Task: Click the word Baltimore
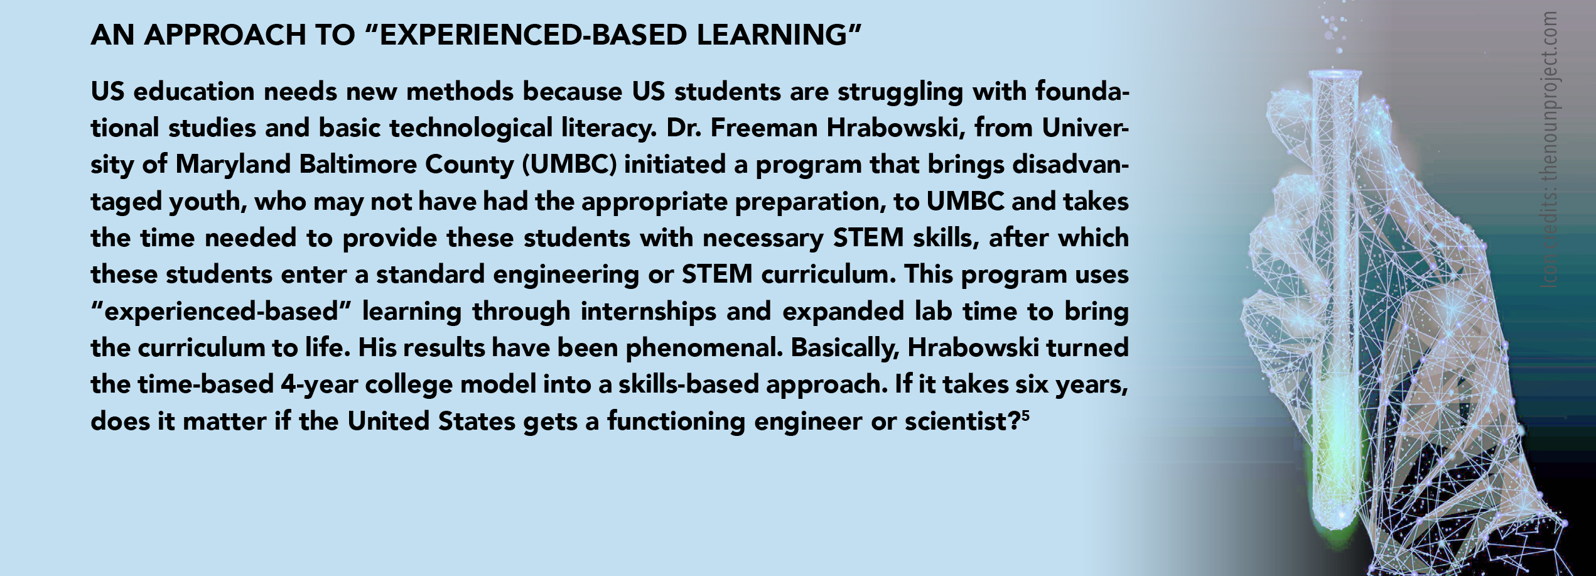(358, 165)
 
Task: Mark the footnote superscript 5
(1025, 415)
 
